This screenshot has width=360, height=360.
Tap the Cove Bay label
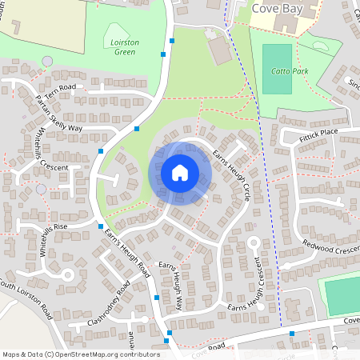(277, 9)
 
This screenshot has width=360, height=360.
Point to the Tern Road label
(59, 86)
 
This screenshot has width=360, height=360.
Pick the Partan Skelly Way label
(59, 114)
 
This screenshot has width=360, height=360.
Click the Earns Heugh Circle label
(232, 173)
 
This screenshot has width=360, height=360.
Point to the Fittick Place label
(319, 131)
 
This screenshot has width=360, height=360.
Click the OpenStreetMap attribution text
(80, 354)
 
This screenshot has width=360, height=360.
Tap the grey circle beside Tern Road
(47, 62)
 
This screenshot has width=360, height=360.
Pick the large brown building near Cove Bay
(218, 51)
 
